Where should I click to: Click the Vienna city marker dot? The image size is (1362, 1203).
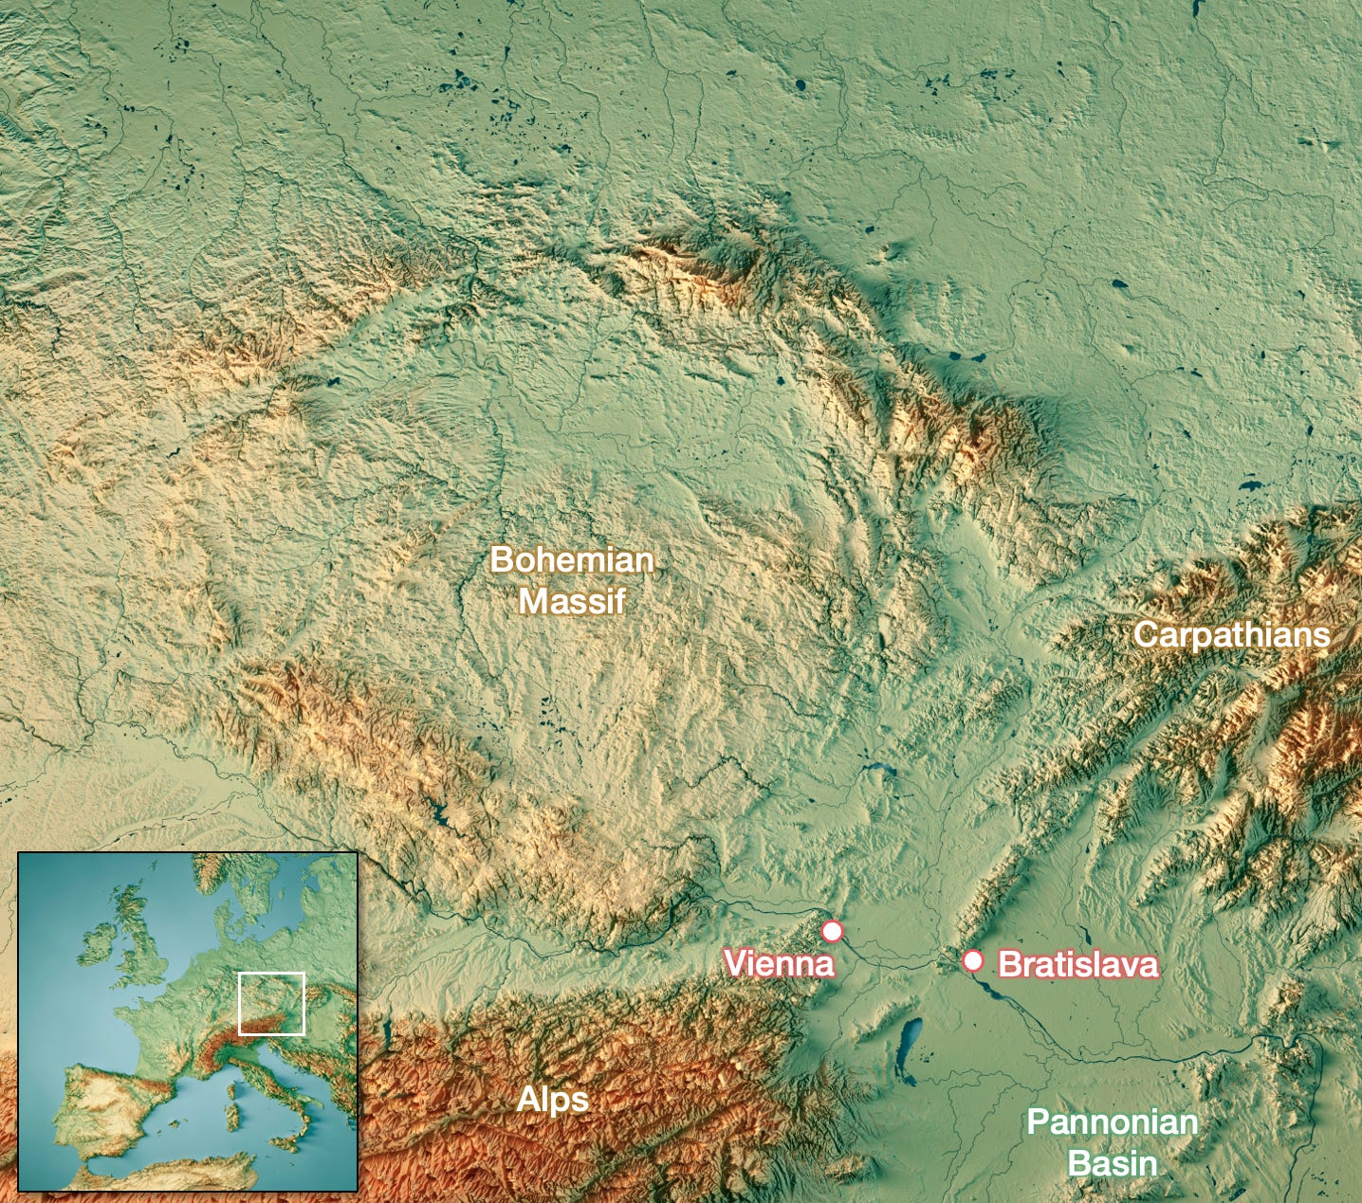click(832, 931)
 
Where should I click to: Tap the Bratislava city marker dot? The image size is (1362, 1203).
click(973, 960)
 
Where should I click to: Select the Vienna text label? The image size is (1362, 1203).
click(779, 963)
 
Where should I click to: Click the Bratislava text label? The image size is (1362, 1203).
click(1078, 964)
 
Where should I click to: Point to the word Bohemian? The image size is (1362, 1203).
click(572, 559)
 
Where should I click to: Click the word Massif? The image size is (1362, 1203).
click(572, 601)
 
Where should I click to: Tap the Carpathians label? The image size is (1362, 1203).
click(1231, 634)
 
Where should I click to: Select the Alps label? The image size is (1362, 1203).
click(553, 1100)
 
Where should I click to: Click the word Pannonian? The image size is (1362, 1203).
click(1113, 1122)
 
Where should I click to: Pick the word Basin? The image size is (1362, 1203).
click(1113, 1163)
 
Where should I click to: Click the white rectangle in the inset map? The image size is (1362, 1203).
click(271, 1003)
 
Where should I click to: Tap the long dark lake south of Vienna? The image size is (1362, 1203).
click(909, 1048)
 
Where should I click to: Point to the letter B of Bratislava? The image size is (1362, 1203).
click(1009, 964)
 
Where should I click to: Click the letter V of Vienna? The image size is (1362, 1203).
click(733, 963)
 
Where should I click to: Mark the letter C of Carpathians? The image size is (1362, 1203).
click(1146, 634)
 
